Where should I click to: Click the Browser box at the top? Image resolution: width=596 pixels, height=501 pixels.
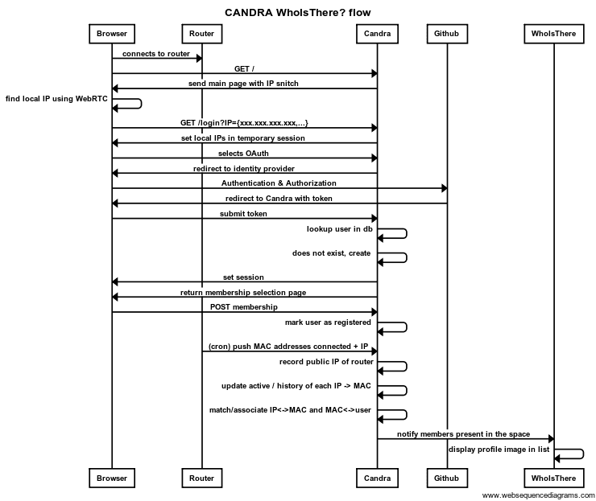pos(112,34)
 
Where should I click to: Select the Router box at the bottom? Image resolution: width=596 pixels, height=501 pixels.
pos(202,478)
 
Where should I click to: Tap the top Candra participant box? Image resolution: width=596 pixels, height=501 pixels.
pos(377,34)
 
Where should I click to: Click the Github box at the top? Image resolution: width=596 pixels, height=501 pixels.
pos(447,34)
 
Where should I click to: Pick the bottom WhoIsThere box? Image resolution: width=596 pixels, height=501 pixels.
pos(554,478)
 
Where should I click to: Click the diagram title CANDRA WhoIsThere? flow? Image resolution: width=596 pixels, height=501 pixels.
pos(298,13)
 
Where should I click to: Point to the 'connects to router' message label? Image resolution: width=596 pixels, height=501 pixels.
pos(155,54)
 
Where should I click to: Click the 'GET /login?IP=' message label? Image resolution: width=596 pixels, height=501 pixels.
pos(244,123)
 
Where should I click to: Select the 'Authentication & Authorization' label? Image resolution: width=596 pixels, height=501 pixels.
pos(279,183)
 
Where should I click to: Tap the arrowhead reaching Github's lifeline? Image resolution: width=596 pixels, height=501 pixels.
pos(445,188)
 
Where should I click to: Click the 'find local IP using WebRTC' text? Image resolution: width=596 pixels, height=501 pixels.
pos(56,99)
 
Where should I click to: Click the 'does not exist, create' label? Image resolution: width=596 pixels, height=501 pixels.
pos(331,253)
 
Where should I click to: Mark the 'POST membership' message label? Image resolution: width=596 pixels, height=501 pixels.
pos(244,306)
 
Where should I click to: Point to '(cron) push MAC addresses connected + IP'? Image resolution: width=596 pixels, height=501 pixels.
pos(288,347)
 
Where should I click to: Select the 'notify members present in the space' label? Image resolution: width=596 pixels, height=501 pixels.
pos(463,434)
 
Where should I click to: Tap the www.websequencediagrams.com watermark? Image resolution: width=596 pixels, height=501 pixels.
pos(538,495)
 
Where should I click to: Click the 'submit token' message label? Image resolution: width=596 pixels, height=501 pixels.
pos(243,214)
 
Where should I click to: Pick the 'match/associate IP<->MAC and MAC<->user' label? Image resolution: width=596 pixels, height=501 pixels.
pos(290,410)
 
